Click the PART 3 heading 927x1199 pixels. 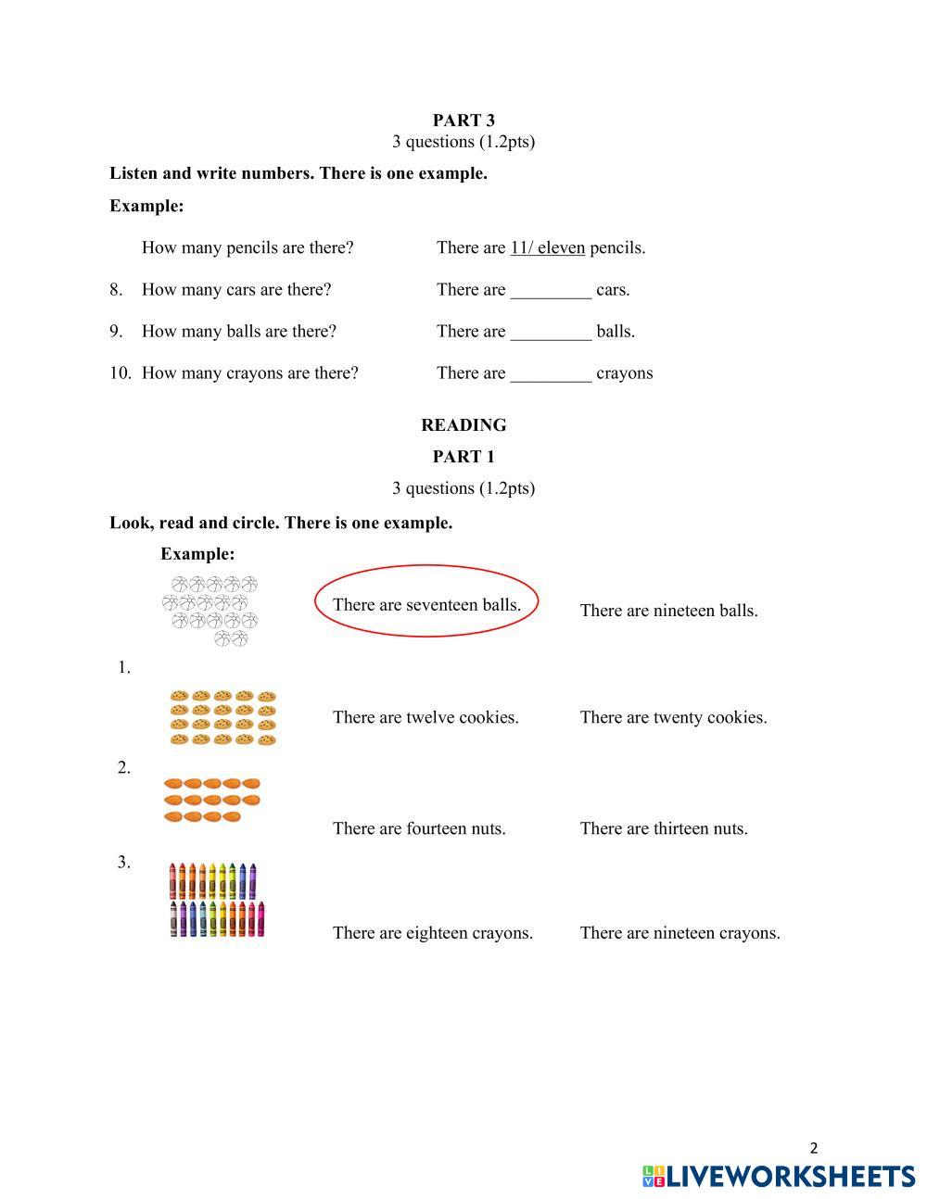click(463, 120)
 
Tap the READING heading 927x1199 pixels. click(463, 425)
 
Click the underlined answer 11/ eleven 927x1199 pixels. click(547, 247)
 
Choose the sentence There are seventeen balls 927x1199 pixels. click(426, 605)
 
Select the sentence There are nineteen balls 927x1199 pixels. click(668, 611)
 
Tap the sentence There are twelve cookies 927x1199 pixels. click(425, 717)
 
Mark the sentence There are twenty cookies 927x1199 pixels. click(673, 717)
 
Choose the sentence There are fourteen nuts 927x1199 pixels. click(419, 828)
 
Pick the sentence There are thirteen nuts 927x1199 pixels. click(664, 828)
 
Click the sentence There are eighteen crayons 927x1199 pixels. click(433, 933)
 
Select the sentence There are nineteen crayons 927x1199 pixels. click(679, 933)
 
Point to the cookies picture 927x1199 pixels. click(223, 717)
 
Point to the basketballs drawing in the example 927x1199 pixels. click(211, 611)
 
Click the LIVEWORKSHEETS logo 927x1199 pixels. click(779, 1176)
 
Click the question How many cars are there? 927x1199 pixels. click(236, 290)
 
